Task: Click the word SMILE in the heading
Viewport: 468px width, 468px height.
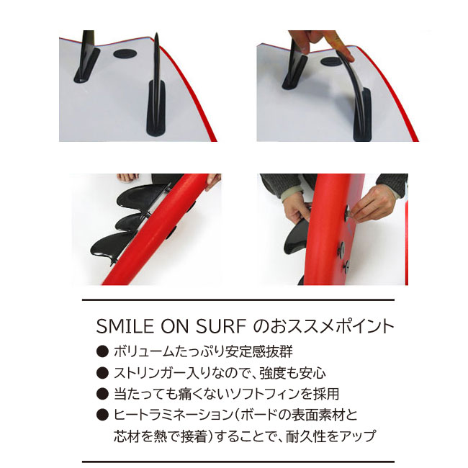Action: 121,326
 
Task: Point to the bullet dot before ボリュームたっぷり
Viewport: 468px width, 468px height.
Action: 102,352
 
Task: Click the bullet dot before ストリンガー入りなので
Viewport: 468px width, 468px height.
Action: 102,373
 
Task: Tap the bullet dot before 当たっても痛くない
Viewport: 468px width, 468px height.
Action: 102,394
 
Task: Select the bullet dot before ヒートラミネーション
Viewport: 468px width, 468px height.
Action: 102,415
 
